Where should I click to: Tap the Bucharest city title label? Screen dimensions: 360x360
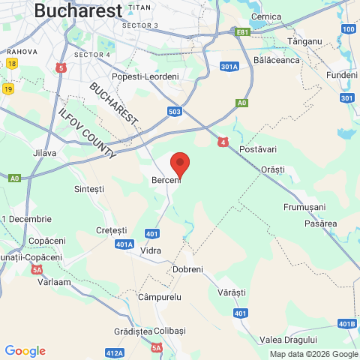pos(78,10)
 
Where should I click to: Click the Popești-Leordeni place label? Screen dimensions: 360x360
pos(145,76)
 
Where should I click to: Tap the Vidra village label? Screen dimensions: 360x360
pos(151,249)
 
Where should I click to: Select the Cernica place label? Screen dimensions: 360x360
pos(266,16)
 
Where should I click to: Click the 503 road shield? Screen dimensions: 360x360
pos(175,112)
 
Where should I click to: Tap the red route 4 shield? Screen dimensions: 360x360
pos(223,141)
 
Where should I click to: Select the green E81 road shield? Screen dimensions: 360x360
pos(241,32)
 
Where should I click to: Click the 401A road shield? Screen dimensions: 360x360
pos(124,244)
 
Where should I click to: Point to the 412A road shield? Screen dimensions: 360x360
pos(115,352)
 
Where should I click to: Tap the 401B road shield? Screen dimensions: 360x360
pos(346,324)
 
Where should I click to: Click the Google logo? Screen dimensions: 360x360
pos(25,351)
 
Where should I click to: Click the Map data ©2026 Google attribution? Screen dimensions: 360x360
pos(313,355)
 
